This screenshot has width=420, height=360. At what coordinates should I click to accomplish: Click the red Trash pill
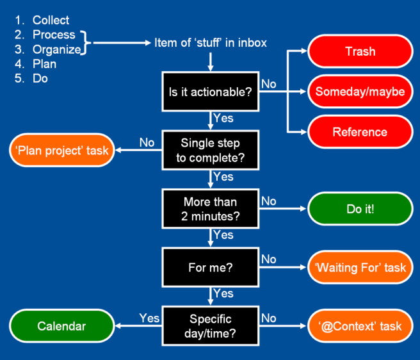click(360, 51)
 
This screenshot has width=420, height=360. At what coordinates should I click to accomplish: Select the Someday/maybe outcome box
click(360, 92)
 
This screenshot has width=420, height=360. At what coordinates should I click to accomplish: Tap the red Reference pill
click(360, 132)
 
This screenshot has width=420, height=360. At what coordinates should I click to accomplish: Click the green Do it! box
click(360, 209)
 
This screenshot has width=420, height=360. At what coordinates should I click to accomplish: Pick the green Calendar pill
click(62, 326)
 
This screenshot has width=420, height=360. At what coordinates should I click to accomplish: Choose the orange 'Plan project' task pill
click(62, 150)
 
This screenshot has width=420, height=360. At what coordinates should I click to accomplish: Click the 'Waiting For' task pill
click(360, 267)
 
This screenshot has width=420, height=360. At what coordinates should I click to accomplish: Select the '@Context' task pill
click(360, 326)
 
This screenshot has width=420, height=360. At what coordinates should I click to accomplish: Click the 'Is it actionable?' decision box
click(211, 92)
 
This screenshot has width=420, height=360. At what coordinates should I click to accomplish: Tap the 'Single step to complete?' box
click(211, 150)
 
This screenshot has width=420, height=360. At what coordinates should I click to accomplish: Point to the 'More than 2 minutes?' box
click(211, 209)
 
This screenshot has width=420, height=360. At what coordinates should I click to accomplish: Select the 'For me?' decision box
click(211, 267)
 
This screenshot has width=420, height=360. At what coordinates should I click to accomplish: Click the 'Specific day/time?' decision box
click(211, 326)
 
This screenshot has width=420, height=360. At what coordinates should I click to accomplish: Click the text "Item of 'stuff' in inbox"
click(211, 43)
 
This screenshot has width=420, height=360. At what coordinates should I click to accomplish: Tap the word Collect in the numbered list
click(51, 20)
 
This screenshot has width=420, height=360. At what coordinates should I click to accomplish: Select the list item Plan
click(44, 64)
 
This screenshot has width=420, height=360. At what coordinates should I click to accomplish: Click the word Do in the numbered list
click(40, 78)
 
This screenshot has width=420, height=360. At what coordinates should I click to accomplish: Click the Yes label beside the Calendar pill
click(149, 318)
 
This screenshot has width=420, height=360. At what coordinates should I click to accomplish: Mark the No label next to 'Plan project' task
click(147, 142)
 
